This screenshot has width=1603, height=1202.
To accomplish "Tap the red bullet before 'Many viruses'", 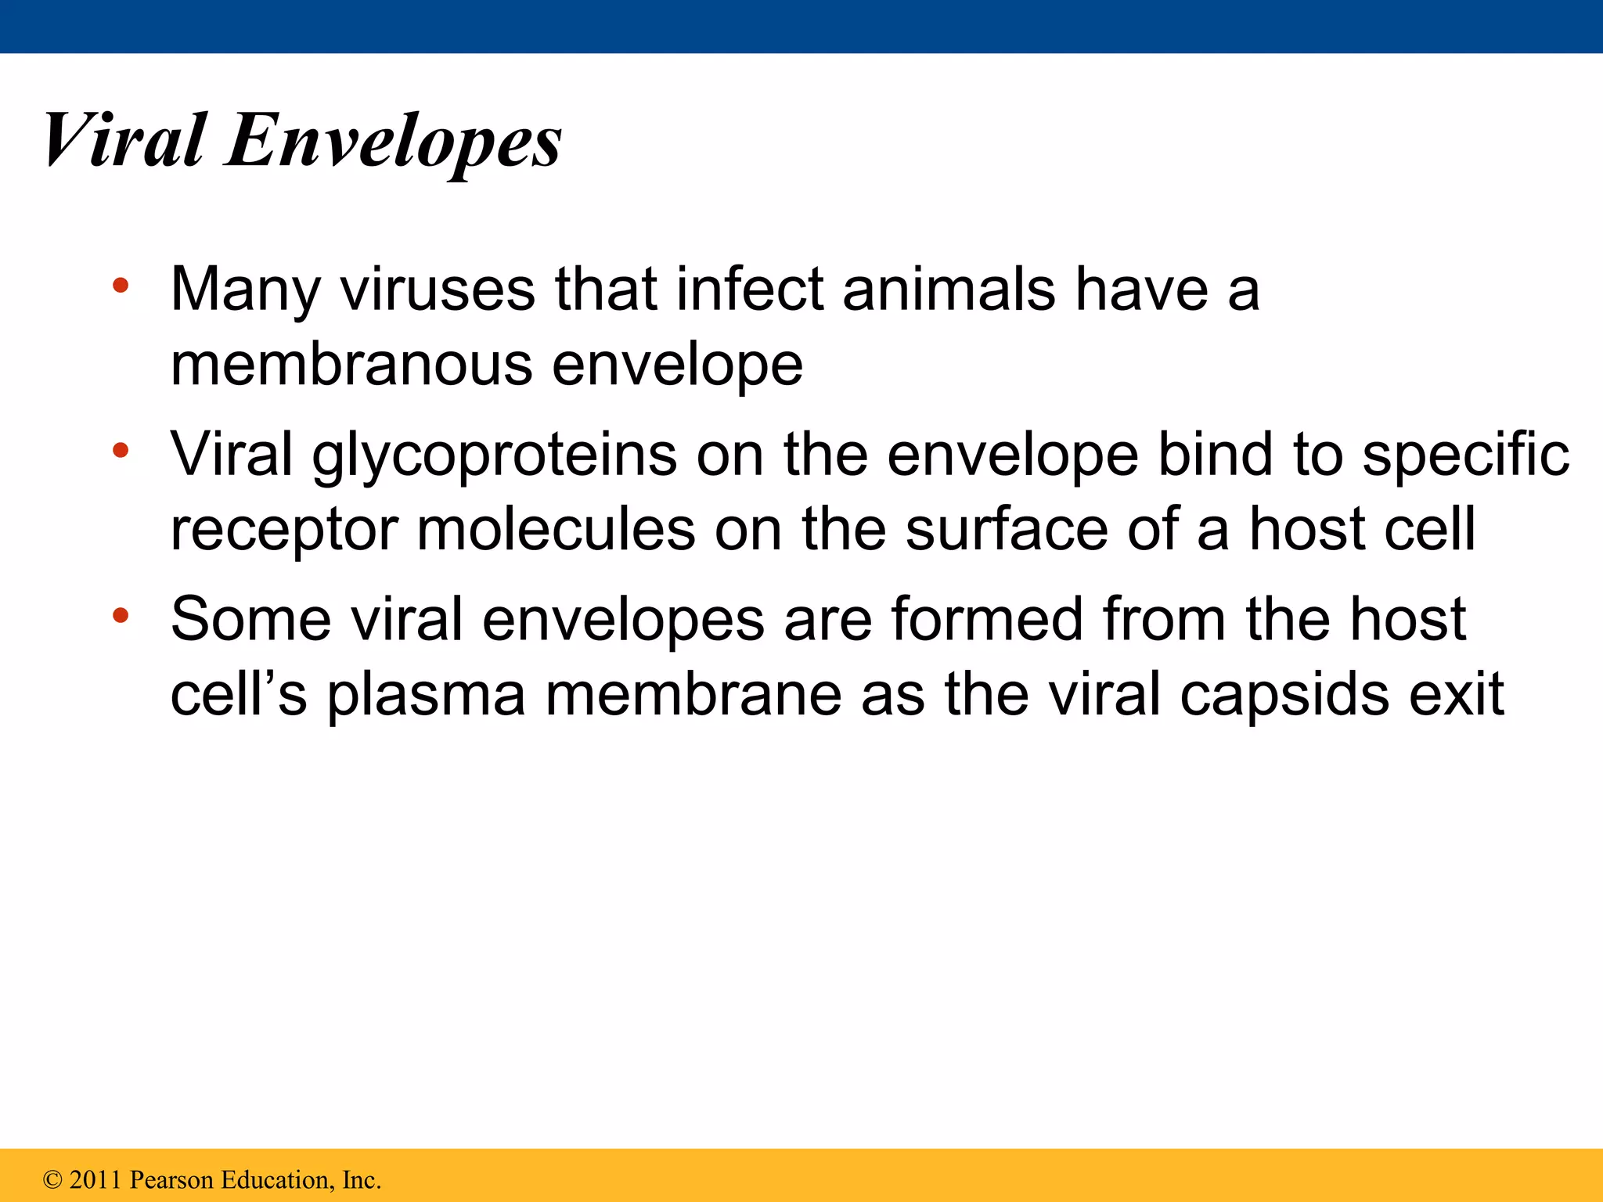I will pyautogui.click(x=120, y=286).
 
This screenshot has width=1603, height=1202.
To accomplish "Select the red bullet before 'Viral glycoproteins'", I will pyautogui.click(x=120, y=450).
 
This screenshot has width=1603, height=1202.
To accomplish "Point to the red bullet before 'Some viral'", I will pyautogui.click(x=120, y=615).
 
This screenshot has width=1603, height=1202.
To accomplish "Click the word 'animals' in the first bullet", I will pyautogui.click(x=949, y=290).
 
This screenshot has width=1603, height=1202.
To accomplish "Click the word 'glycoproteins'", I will pyautogui.click(x=494, y=455).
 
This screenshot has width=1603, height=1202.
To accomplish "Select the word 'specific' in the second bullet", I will pyautogui.click(x=1465, y=455).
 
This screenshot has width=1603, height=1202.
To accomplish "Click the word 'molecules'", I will pyautogui.click(x=556, y=529).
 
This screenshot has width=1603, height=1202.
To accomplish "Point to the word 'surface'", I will pyautogui.click(x=1007, y=529).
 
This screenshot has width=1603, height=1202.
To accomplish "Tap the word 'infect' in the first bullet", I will pyautogui.click(x=750, y=290).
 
